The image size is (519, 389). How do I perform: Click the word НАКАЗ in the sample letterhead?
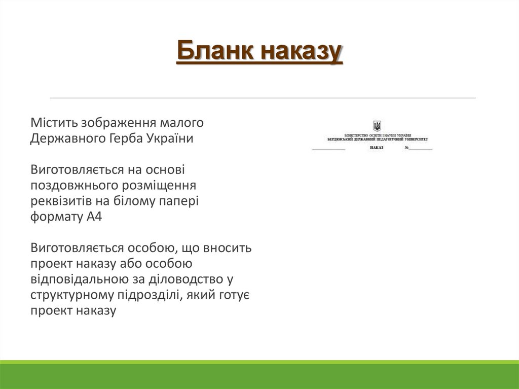(377, 148)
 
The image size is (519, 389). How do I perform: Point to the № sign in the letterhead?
(406, 148)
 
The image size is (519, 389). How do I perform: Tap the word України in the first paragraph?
(171, 138)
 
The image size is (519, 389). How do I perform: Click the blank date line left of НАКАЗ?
(328, 150)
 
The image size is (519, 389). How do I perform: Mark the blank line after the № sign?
(421, 150)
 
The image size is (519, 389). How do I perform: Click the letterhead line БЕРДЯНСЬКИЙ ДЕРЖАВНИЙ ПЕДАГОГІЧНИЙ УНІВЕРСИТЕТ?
(377, 139)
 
